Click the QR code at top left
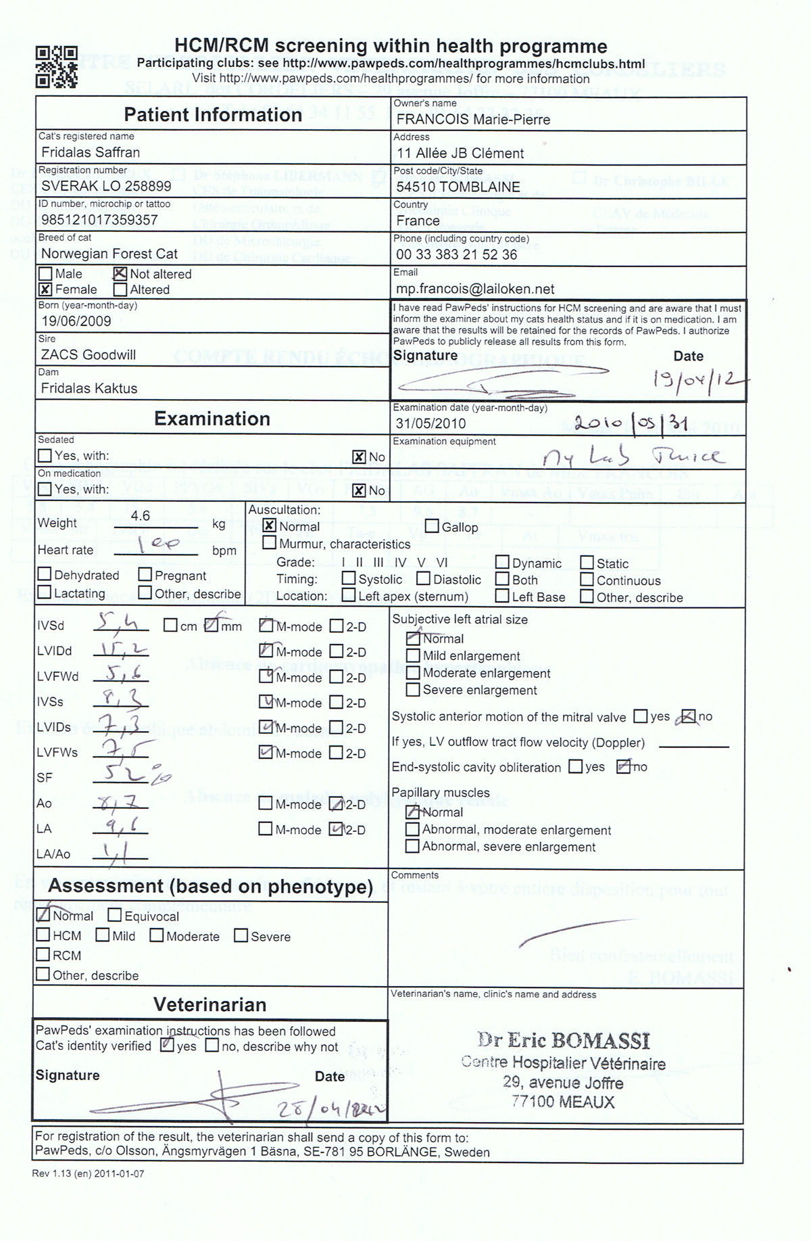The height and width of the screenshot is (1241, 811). tap(57, 66)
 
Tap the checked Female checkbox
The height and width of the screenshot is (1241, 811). tap(45, 289)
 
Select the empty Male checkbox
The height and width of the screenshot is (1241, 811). tap(45, 274)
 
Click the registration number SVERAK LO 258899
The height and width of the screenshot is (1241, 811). tap(106, 186)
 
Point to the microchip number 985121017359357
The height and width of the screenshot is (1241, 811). tap(99, 220)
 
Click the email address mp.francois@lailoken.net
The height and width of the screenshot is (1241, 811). tap(475, 289)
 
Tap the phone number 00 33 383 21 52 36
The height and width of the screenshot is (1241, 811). tap(456, 254)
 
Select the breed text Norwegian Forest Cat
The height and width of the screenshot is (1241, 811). tap(109, 254)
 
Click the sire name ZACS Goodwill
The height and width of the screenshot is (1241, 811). tap(89, 354)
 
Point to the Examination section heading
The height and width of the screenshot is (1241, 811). tap(212, 419)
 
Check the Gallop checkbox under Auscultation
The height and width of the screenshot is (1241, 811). tap(432, 527)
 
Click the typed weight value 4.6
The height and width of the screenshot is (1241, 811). tap(141, 516)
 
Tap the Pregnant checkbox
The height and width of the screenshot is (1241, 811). tap(145, 575)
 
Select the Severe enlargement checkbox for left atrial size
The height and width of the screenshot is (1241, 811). tap(413, 690)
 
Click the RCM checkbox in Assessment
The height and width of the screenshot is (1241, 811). tap(43, 955)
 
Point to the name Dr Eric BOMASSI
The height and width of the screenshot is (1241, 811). tap(564, 1040)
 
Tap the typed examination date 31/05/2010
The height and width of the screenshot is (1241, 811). tap(431, 423)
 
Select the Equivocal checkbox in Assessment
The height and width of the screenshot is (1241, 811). tap(115, 916)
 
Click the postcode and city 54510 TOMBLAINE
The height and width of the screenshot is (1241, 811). tap(458, 187)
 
